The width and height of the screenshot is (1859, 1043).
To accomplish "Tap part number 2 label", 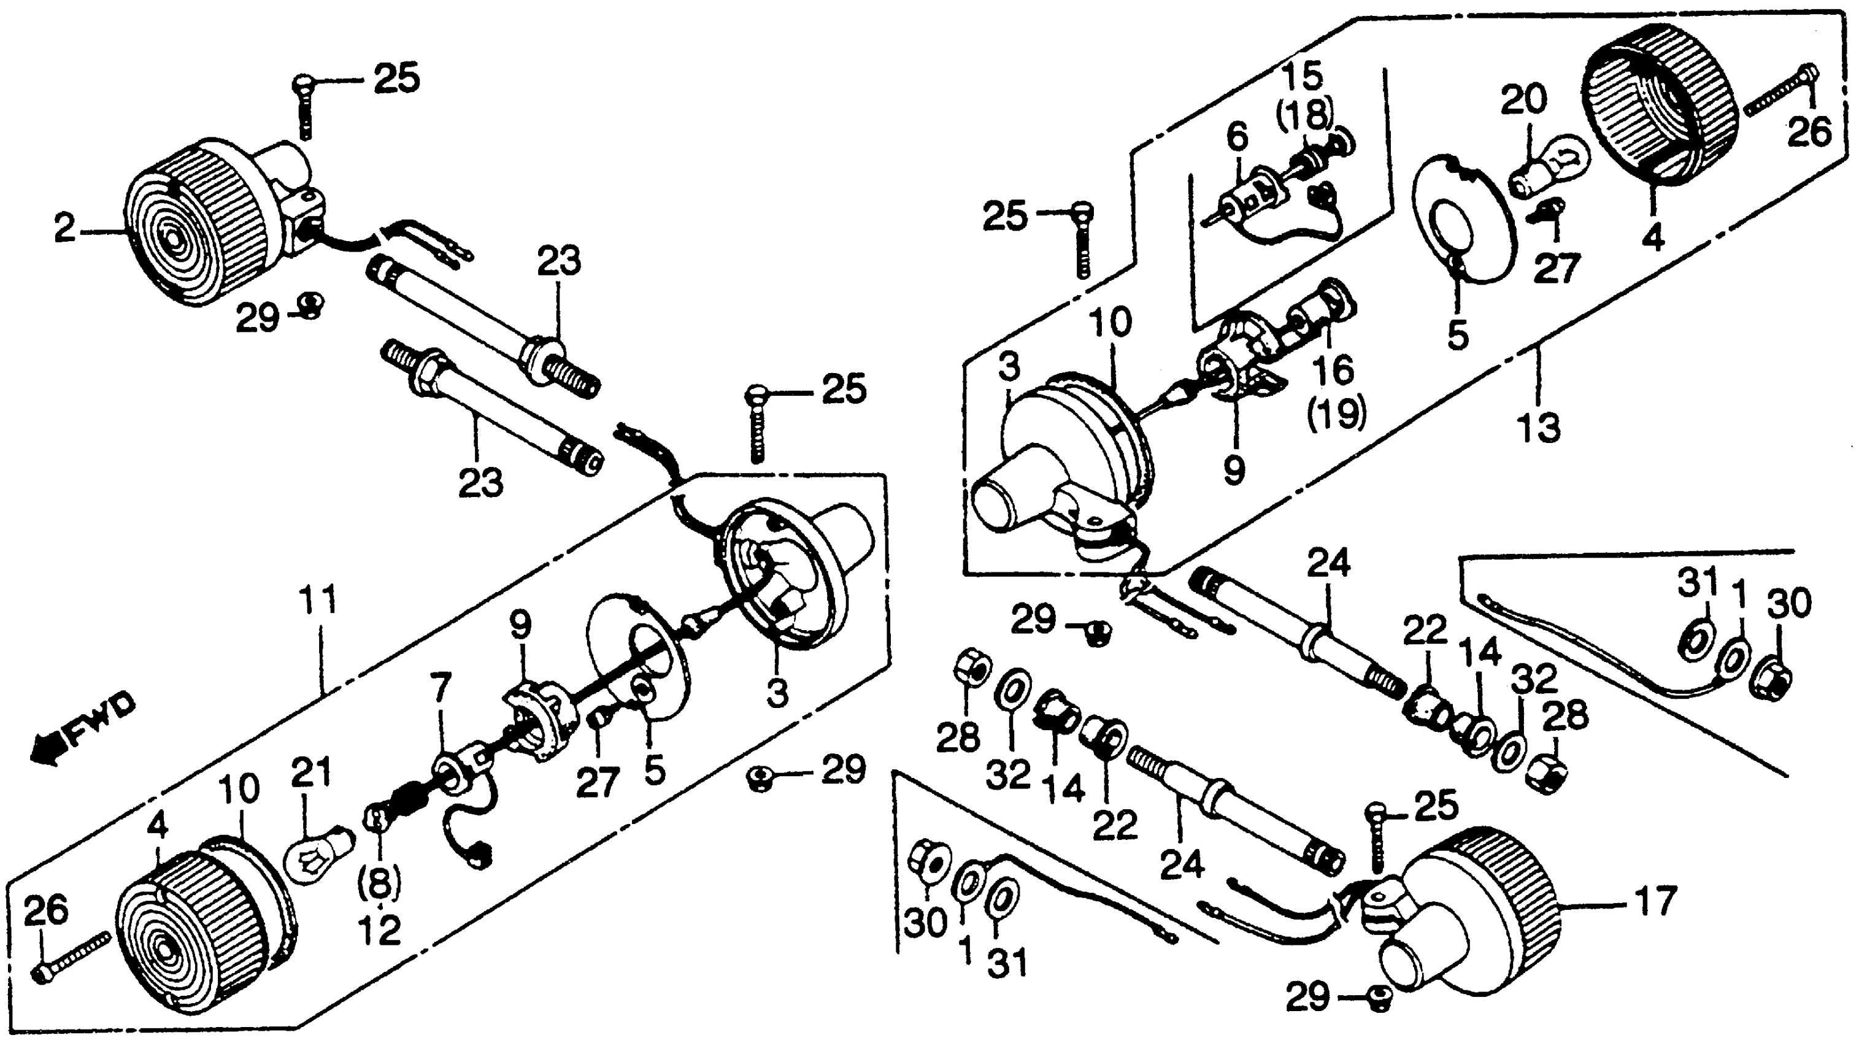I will click(x=65, y=231).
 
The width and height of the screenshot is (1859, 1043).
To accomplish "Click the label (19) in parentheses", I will click(x=1336, y=413).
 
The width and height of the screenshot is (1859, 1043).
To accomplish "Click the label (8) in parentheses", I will click(x=380, y=882).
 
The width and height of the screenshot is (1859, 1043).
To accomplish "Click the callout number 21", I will click(x=311, y=773).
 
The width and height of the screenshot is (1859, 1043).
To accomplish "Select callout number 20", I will click(x=1524, y=101).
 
